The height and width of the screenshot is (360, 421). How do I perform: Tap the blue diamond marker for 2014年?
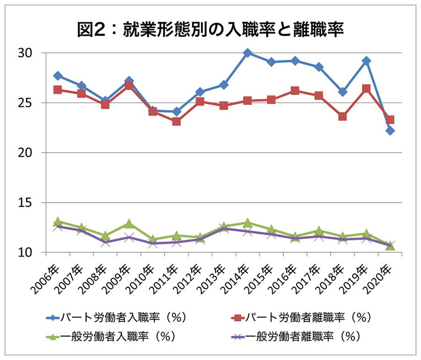[248, 53]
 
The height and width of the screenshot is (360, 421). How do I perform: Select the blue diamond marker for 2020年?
[390, 131]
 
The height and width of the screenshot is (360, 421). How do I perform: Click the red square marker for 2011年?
[176, 122]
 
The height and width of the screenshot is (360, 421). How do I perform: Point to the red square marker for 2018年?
[342, 117]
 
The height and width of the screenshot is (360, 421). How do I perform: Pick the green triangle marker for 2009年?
[129, 224]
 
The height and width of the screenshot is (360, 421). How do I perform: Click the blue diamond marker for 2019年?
[366, 61]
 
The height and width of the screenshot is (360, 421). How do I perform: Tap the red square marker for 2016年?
[295, 91]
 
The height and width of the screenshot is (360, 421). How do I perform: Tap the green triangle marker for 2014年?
[248, 223]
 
